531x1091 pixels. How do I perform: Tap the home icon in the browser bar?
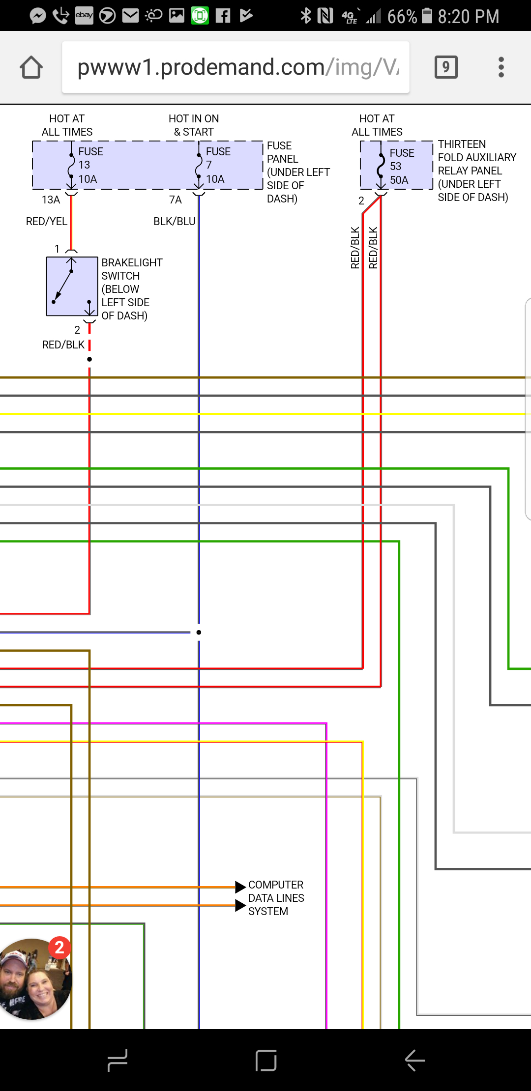coord(31,67)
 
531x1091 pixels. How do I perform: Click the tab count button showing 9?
coord(446,67)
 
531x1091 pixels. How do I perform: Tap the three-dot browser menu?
coord(501,67)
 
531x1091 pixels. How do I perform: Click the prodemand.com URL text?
coord(236,67)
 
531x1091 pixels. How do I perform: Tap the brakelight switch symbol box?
coord(72,286)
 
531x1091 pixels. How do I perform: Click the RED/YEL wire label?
coord(47,222)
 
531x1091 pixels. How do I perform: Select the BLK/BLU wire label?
coord(174,222)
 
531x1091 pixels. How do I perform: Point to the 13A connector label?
coord(51,200)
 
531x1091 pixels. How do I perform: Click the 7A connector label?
coord(175,200)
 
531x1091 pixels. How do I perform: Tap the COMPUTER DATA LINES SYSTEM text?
coord(275,898)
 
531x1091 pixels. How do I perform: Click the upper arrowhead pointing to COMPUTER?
coord(240,887)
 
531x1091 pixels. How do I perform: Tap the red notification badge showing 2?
coord(59,947)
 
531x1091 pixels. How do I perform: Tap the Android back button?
coord(414,1060)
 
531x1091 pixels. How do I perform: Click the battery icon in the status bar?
coord(427,16)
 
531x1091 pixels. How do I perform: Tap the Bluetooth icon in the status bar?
coord(306,16)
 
